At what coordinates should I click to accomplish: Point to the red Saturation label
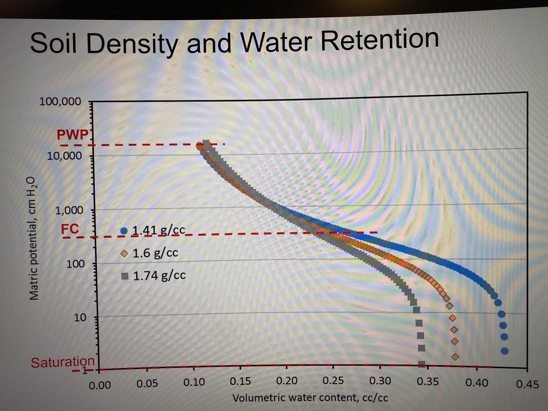pyautogui.click(x=63, y=362)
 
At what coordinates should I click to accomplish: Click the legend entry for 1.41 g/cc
pyautogui.click(x=153, y=231)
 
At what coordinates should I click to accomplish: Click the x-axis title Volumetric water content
pyautogui.click(x=311, y=397)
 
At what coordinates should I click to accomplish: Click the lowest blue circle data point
pyautogui.click(x=505, y=351)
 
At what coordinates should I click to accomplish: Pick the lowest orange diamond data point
pyautogui.click(x=455, y=356)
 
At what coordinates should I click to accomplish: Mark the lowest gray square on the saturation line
pyautogui.click(x=422, y=364)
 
